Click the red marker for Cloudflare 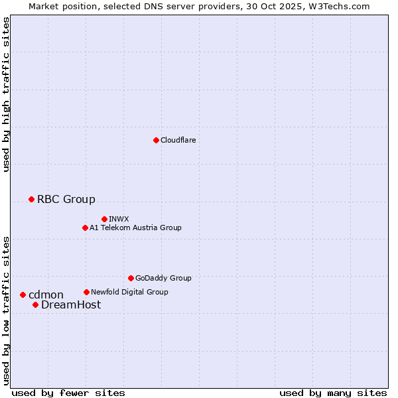[x=156, y=140]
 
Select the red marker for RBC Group [x=31, y=199]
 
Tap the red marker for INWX [x=104, y=219]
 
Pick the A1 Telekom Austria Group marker [x=85, y=228]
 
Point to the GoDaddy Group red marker [x=131, y=278]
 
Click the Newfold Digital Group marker [x=86, y=292]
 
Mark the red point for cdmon [x=23, y=295]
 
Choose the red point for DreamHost [x=35, y=304]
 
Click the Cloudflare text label [x=178, y=140]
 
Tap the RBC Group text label [x=66, y=199]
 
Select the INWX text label [x=119, y=219]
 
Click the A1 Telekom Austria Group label [x=135, y=228]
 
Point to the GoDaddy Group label [x=163, y=278]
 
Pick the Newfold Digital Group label [x=129, y=292]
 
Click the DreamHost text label [x=71, y=304]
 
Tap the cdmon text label [x=46, y=295]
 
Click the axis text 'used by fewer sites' [x=68, y=393]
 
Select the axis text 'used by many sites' [x=333, y=393]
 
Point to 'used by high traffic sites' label [x=6, y=94]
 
